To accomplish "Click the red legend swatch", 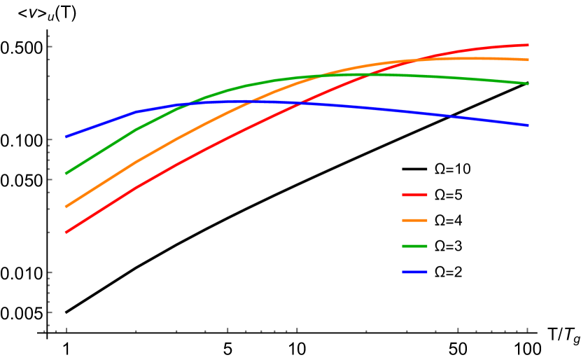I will pyautogui.click(x=414, y=195).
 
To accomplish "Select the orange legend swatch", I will pyautogui.click(x=414, y=220).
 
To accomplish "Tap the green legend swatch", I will pyautogui.click(x=414, y=246).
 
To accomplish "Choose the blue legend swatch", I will pyautogui.click(x=414, y=272).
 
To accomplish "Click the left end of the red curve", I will pyautogui.click(x=66, y=232).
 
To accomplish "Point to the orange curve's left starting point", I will pyautogui.click(x=66, y=207).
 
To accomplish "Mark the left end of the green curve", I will pyautogui.click(x=66, y=173).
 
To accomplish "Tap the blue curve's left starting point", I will pyautogui.click(x=66, y=137).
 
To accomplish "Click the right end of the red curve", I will pyautogui.click(x=528, y=45).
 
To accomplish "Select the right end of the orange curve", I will pyautogui.click(x=528, y=60).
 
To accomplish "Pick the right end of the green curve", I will pyautogui.click(x=528, y=83).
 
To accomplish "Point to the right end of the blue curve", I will pyautogui.click(x=528, y=125).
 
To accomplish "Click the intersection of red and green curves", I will pyautogui.click(x=367, y=74).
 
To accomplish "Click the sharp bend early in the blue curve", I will pyautogui.click(x=136, y=111).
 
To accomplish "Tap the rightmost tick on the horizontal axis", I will pyautogui.click(x=527, y=329).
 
